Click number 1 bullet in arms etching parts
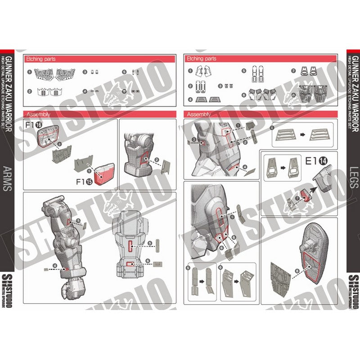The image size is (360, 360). click(29, 72)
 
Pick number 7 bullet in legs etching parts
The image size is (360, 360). click(293, 71)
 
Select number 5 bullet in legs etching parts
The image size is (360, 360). click(243, 71)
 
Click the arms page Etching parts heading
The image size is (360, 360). click(39, 58)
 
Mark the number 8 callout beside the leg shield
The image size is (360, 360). click(297, 271)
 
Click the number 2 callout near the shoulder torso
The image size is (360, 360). click(156, 160)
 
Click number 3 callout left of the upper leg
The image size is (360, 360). click(193, 139)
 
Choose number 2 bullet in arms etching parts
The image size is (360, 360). click(29, 91)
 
